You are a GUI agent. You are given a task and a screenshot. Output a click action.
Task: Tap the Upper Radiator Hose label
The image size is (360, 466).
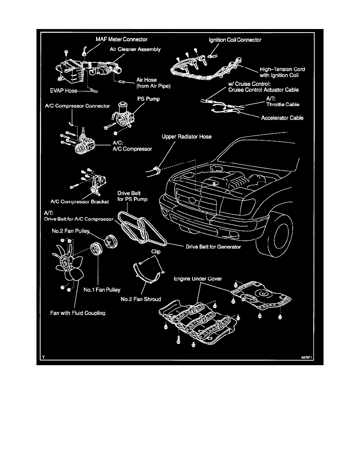point(187,137)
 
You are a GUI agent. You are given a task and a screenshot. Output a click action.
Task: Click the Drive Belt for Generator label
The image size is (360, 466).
point(213,247)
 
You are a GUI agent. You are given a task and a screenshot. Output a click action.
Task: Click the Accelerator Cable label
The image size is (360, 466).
point(282,117)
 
